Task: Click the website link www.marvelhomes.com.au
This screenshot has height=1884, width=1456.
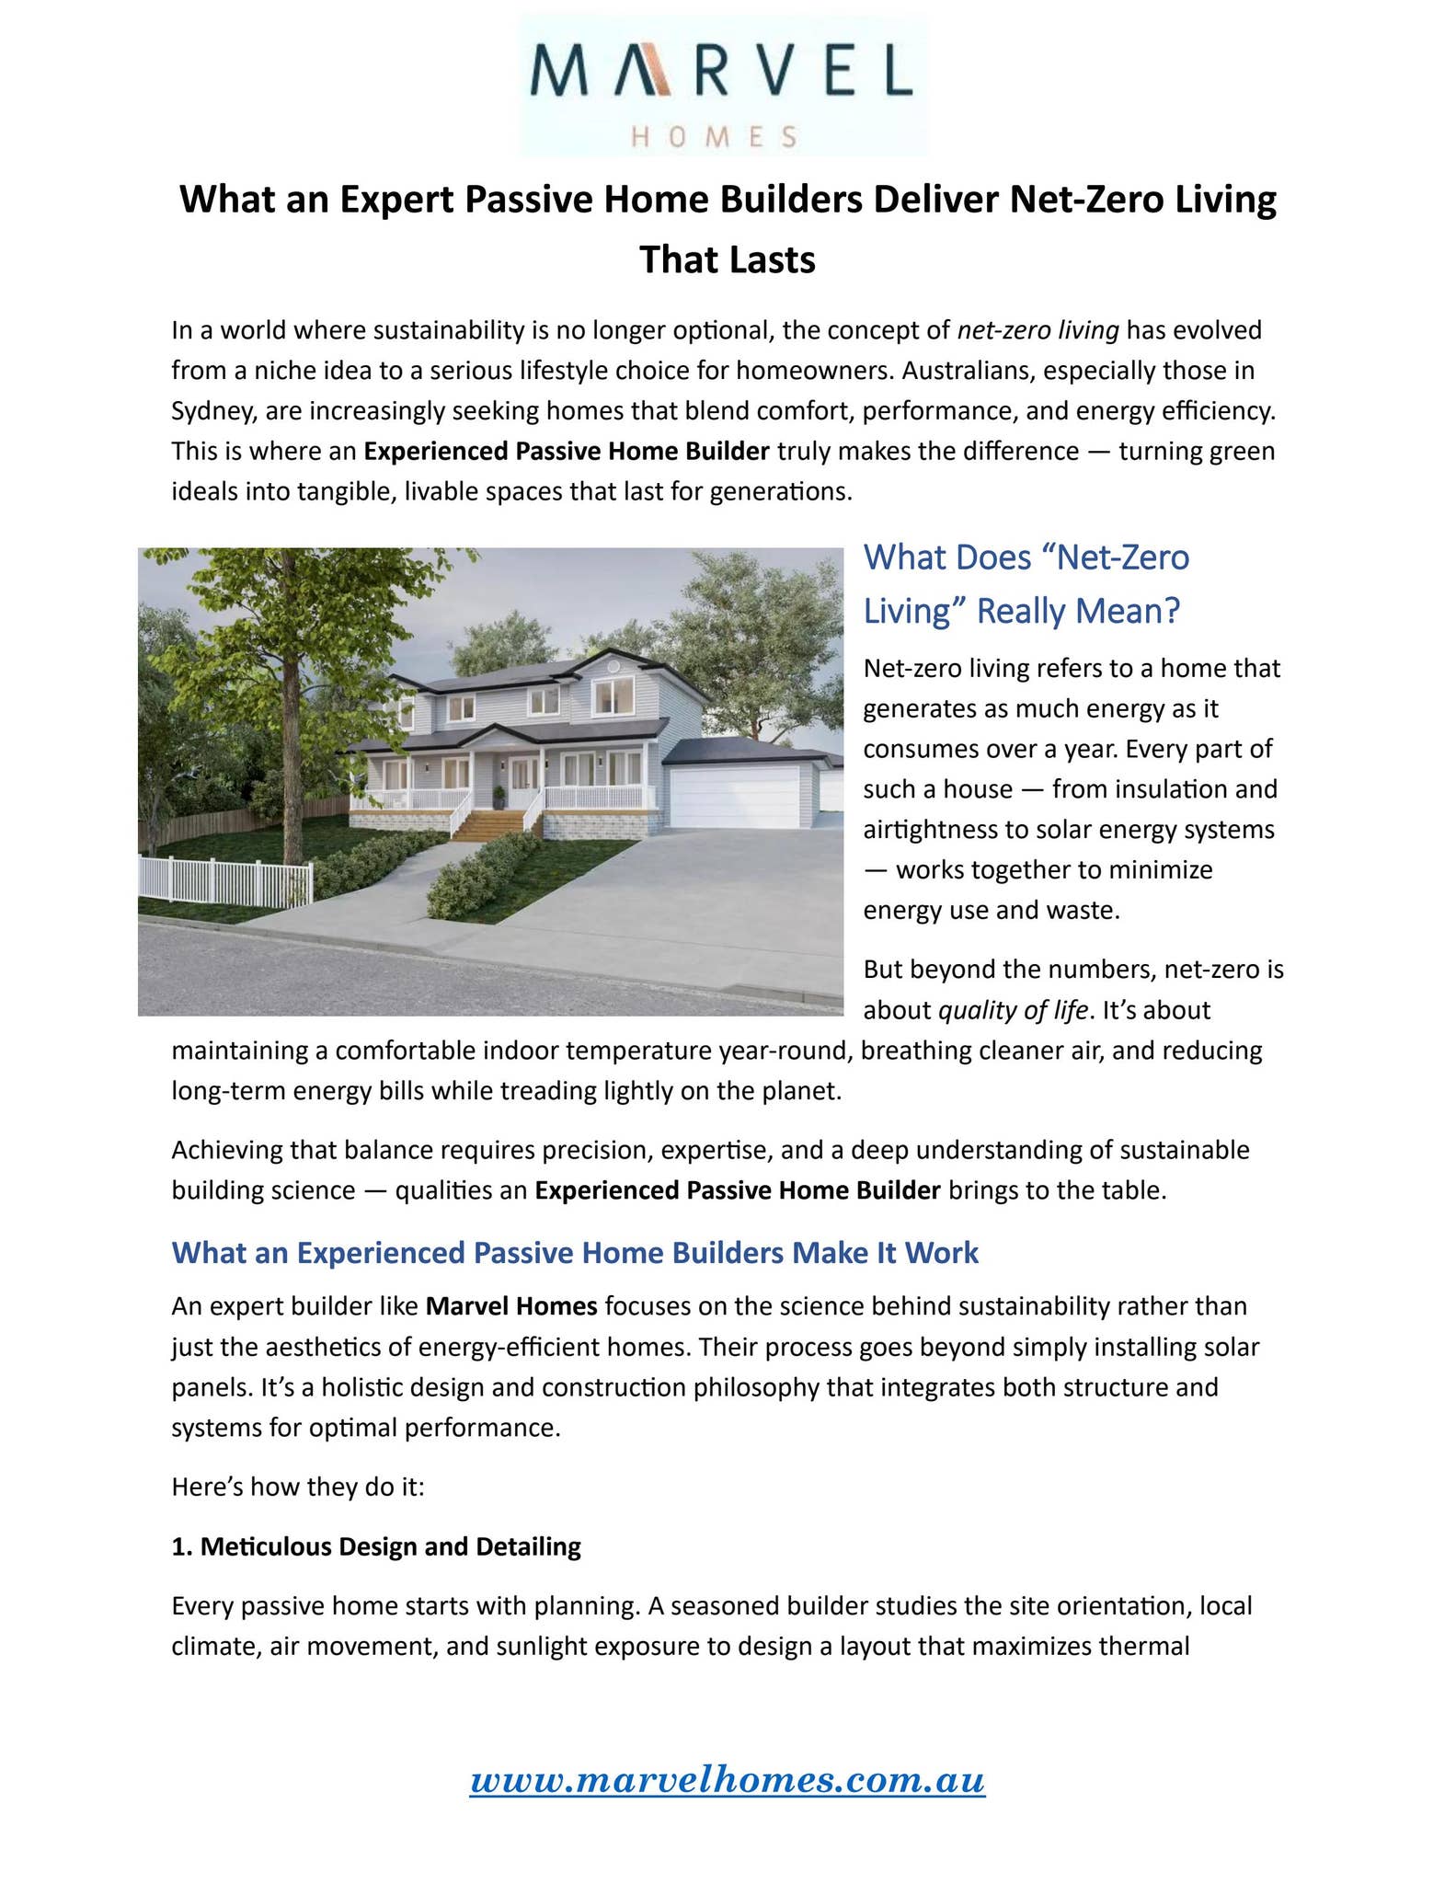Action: [727, 1779]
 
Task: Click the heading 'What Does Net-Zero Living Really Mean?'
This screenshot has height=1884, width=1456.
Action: [1026, 583]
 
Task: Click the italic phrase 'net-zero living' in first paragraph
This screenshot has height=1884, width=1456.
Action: [1038, 329]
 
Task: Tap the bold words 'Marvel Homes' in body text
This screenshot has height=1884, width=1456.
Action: [511, 1305]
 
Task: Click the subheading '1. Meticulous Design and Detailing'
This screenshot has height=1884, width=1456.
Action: [376, 1546]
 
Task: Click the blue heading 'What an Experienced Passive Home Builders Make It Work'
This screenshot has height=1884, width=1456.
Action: [575, 1252]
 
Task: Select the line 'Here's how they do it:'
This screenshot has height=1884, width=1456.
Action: [298, 1487]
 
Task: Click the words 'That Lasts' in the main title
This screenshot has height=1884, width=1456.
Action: [727, 259]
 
